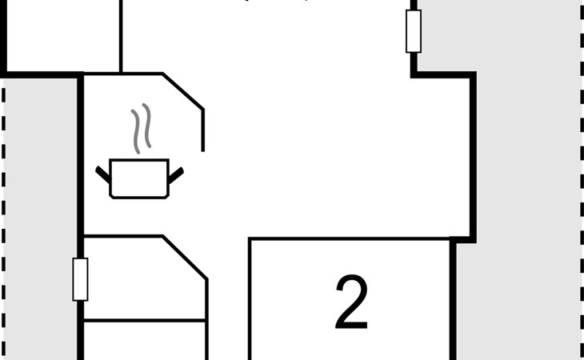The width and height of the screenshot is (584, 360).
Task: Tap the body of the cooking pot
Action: click(138, 178)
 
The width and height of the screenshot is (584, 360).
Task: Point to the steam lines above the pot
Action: click(141, 128)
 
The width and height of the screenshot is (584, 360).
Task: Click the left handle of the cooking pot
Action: click(103, 171)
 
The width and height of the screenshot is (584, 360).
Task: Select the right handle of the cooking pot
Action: click(175, 171)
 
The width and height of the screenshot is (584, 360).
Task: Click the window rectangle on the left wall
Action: click(80, 279)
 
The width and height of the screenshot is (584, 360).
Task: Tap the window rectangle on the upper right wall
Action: click(413, 31)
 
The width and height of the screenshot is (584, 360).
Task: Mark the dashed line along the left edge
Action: click(5, 216)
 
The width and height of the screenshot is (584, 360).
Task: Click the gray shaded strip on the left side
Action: click(40, 216)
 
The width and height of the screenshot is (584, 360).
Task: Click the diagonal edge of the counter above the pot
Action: click(182, 91)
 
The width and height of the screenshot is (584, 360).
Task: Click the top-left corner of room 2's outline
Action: click(250, 239)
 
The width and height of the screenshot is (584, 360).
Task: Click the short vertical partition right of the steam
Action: click(202, 130)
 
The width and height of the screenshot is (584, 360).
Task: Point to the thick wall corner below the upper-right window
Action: click(414, 75)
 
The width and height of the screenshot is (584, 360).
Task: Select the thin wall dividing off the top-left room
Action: click(121, 36)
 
